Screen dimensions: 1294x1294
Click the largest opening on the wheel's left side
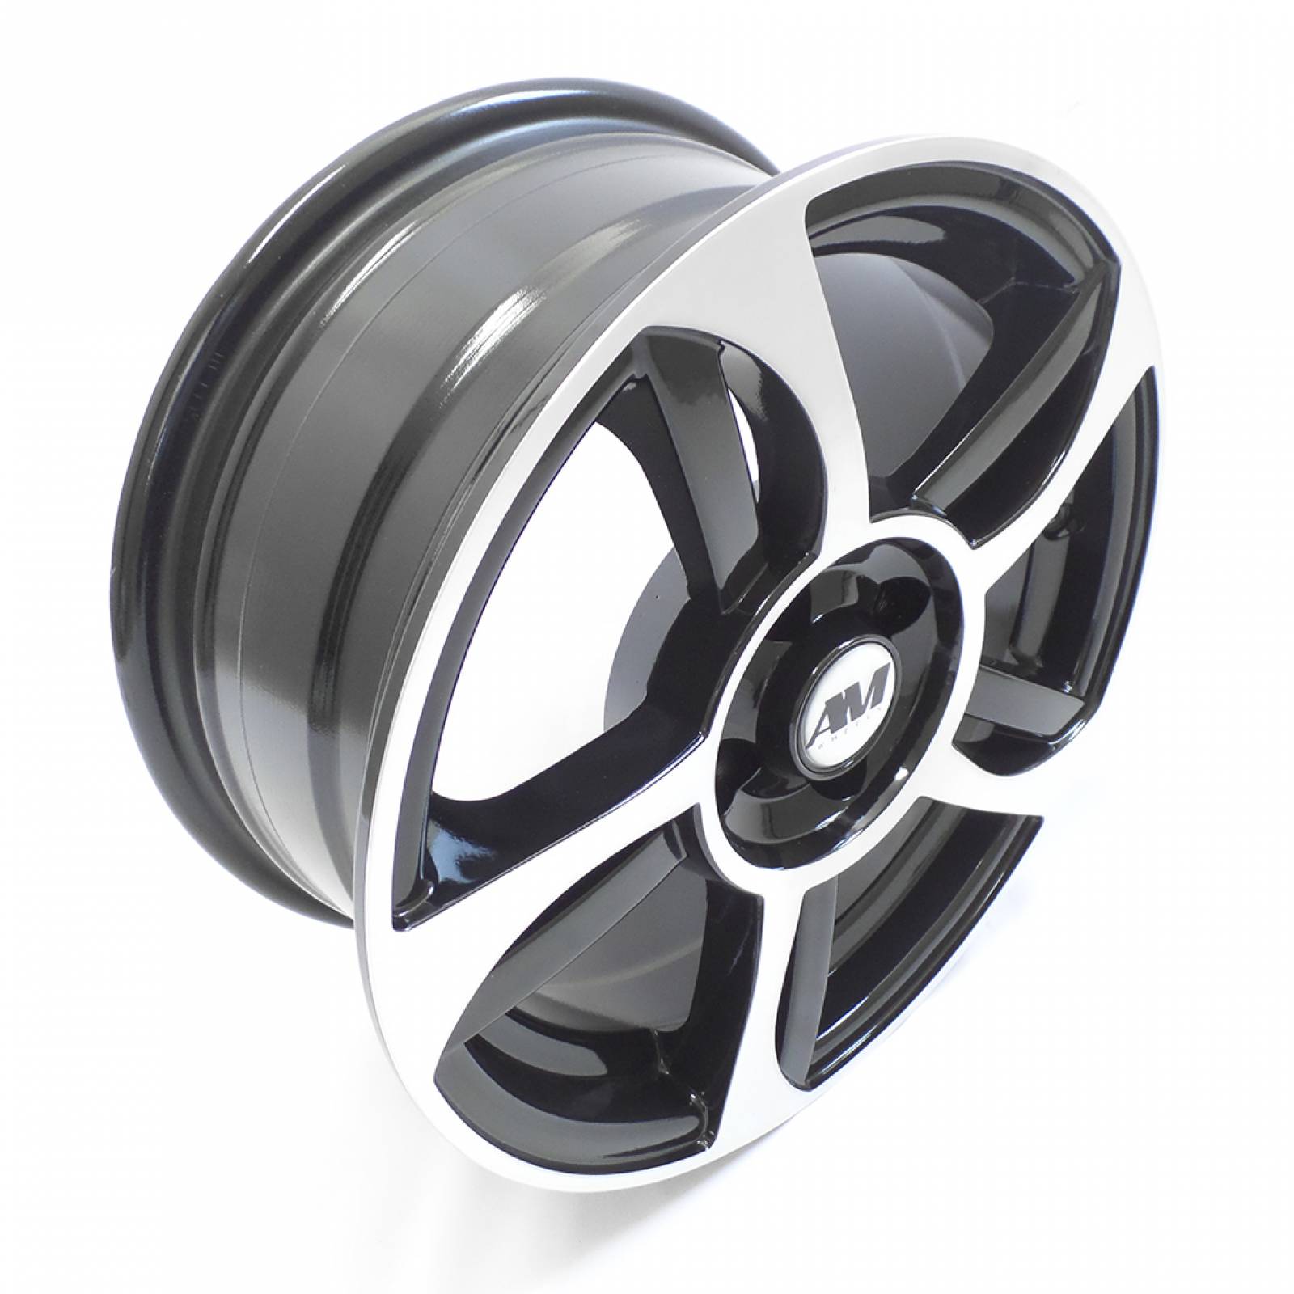[566, 615]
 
